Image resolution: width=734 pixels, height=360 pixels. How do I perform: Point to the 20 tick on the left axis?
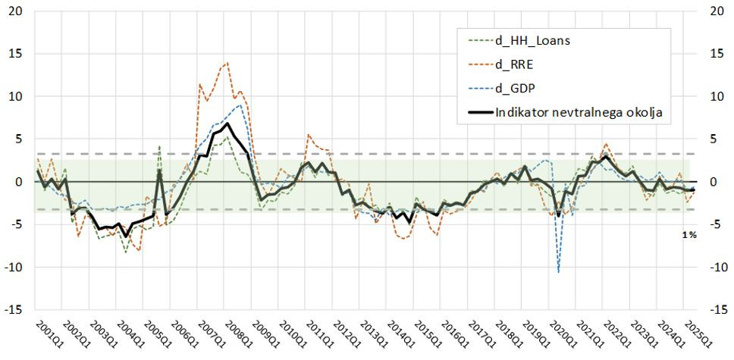click(x=16, y=11)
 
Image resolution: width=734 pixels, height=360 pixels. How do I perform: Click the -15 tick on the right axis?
click(x=718, y=310)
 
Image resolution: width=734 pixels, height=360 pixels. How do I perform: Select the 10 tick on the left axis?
click(x=16, y=96)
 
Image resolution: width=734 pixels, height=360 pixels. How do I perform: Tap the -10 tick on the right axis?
click(x=718, y=268)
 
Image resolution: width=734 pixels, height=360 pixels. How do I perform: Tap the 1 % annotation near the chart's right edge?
click(x=689, y=236)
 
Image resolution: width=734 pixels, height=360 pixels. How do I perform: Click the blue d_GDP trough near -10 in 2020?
click(x=559, y=271)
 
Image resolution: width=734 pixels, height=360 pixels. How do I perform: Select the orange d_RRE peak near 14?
click(x=227, y=63)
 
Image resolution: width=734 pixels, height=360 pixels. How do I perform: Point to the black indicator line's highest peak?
click(x=227, y=124)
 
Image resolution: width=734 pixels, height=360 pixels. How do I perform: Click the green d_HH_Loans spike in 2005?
click(x=159, y=146)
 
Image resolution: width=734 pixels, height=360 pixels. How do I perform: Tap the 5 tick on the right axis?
click(x=718, y=139)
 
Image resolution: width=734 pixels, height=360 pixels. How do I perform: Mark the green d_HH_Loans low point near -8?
click(x=126, y=252)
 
